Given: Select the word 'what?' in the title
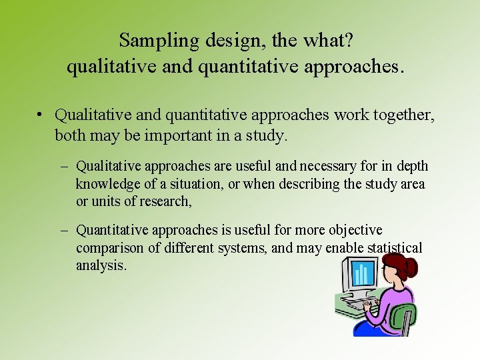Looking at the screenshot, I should point(327,41).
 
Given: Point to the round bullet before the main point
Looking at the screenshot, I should point(41,115).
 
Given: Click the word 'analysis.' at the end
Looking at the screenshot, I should point(101,265).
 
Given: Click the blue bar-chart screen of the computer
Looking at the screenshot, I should point(363,273).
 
